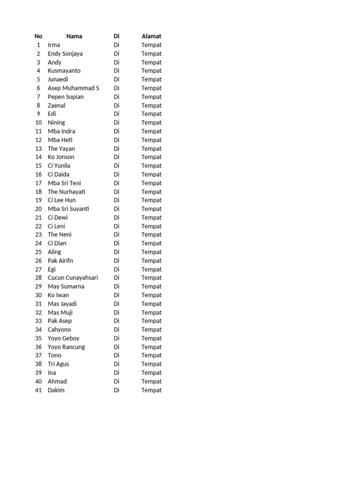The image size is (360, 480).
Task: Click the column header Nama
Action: [x=74, y=36]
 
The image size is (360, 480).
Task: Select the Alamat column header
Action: [x=151, y=36]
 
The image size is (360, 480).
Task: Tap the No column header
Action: [x=38, y=36]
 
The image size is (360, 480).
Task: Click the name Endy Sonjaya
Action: [x=65, y=53]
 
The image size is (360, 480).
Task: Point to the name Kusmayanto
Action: [x=64, y=71]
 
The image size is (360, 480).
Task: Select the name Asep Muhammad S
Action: [x=74, y=88]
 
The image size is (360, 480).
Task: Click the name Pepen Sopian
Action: [x=66, y=97]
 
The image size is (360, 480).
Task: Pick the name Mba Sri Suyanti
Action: [x=68, y=209]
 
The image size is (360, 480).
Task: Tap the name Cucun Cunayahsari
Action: [x=73, y=277]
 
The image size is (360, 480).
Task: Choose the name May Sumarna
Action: [x=66, y=286]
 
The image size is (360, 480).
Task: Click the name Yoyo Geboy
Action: [x=64, y=338]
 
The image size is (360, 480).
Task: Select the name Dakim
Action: [x=56, y=390]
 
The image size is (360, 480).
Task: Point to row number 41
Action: [x=38, y=390]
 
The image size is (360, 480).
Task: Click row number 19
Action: [x=38, y=200]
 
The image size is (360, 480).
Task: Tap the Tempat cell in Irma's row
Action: [x=151, y=45]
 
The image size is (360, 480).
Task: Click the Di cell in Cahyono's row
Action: [x=117, y=330]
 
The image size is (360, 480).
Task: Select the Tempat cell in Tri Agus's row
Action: [x=151, y=364]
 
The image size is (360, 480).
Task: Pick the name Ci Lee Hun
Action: [x=62, y=200]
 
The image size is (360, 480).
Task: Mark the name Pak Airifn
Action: [x=60, y=261]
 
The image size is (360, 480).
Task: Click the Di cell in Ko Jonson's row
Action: [x=117, y=157]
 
